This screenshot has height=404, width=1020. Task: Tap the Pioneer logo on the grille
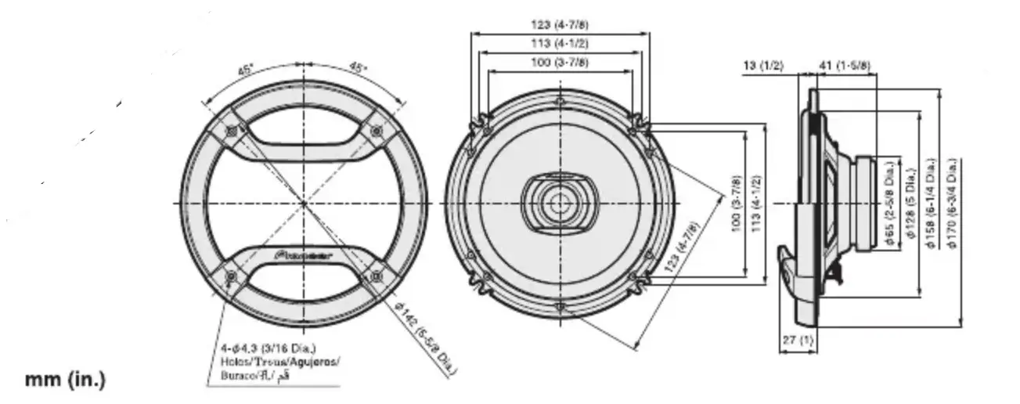click(x=304, y=254)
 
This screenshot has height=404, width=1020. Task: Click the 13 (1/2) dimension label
click(x=762, y=66)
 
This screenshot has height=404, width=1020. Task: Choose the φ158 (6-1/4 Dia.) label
click(x=931, y=204)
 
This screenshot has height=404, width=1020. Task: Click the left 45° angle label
click(x=247, y=70)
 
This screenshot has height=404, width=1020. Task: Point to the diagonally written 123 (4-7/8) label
click(x=681, y=246)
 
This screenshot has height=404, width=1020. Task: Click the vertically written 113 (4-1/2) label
click(x=755, y=204)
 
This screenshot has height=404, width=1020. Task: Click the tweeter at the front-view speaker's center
click(x=558, y=202)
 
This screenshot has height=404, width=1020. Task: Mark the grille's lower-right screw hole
click(x=377, y=275)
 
